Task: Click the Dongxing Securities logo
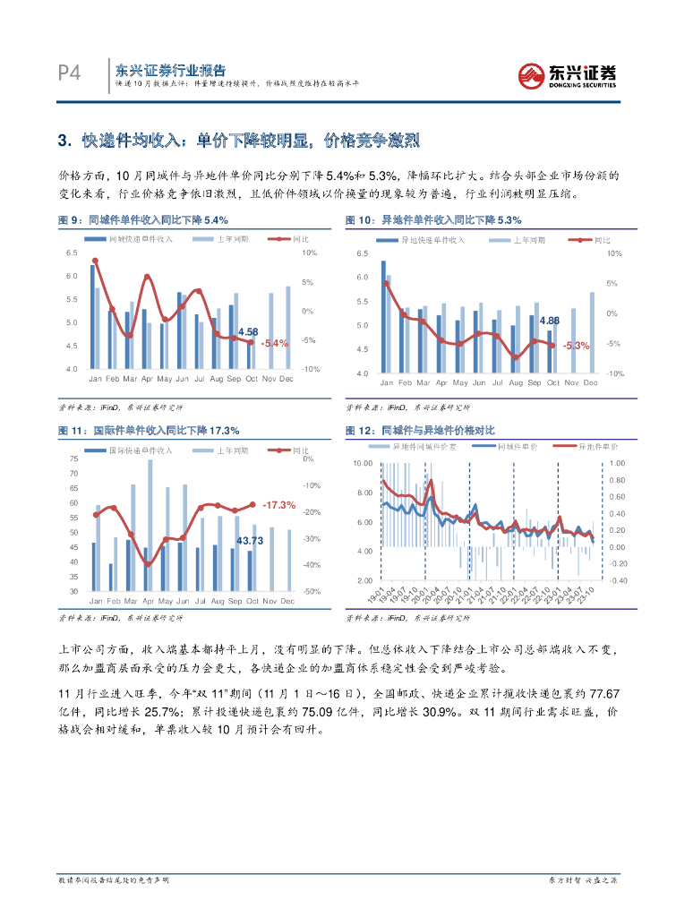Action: pos(568,74)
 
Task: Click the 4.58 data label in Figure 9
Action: pos(249,331)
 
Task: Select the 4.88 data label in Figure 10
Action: pos(551,321)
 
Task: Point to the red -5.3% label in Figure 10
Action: pos(576,346)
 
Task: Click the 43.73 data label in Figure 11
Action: pos(250,540)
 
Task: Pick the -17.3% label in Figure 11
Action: pos(279,505)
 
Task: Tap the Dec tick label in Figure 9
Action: pos(287,380)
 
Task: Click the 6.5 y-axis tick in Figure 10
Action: pos(363,254)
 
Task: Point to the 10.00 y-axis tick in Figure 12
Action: pos(362,463)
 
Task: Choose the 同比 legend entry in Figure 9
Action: pos(300,240)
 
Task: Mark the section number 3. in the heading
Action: pos(64,141)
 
